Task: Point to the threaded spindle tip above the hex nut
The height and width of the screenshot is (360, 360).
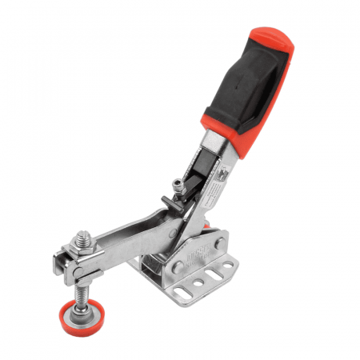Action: click(x=81, y=235)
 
